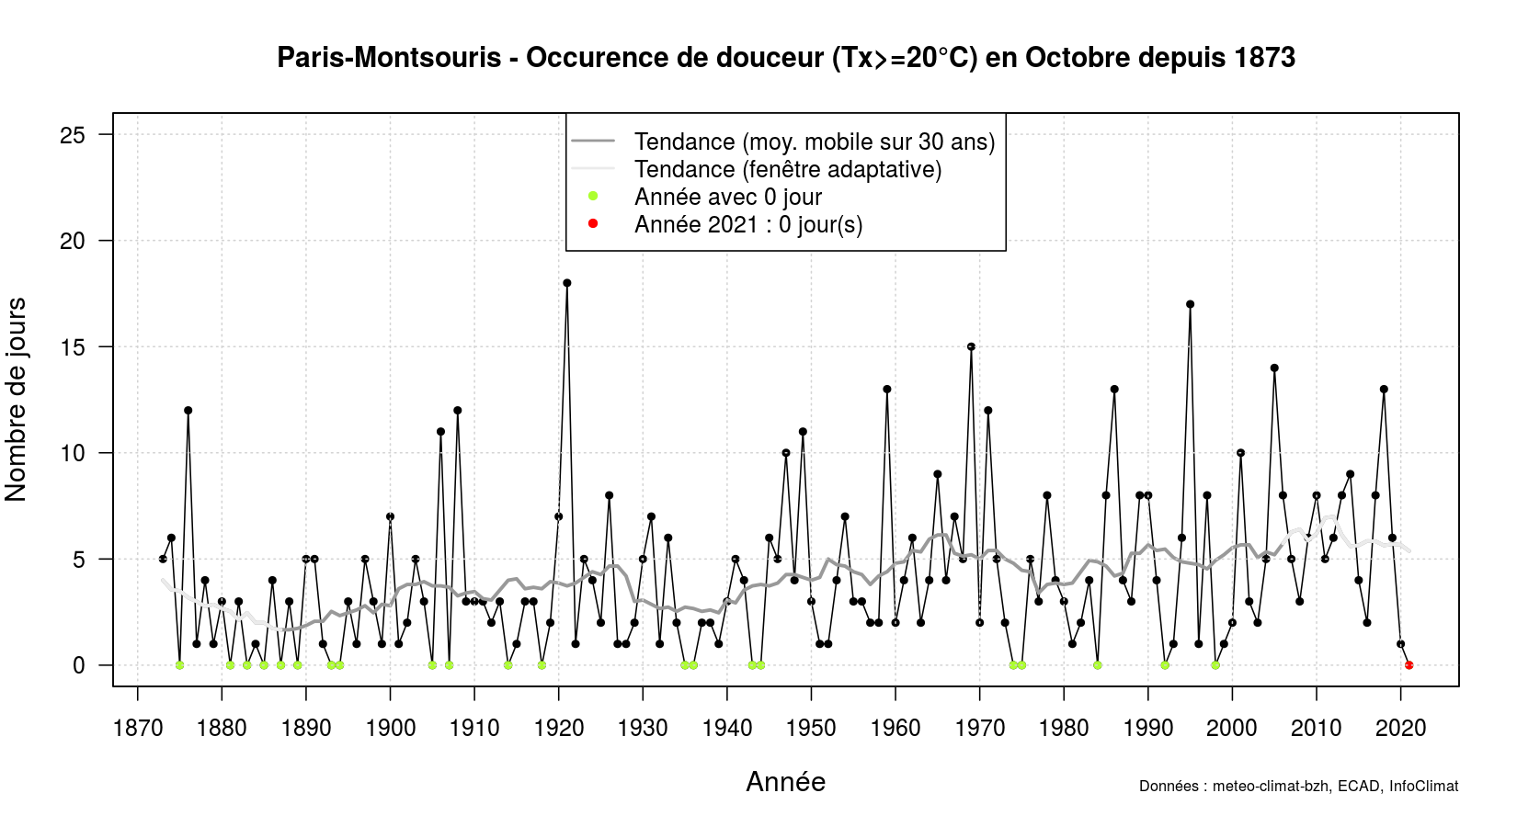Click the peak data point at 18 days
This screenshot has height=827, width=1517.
coord(567,283)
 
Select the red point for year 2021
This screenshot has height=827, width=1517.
coord(1409,665)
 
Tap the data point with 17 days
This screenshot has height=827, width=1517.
coord(1190,304)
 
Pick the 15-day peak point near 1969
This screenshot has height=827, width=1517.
coord(971,346)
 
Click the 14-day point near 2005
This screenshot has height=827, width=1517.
coord(1274,368)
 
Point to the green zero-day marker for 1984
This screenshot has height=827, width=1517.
coord(1097,665)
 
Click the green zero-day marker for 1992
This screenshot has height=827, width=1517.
coord(1165,665)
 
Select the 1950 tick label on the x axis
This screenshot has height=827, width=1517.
coord(811,729)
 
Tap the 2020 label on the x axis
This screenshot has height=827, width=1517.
coord(1400,729)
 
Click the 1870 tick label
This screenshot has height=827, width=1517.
coord(138,729)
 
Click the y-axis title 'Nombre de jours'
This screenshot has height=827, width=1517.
coord(17,399)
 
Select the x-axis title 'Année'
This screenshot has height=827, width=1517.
coord(785,782)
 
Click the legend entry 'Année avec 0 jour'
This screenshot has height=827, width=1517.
coord(727,197)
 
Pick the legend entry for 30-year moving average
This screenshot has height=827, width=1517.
coord(814,142)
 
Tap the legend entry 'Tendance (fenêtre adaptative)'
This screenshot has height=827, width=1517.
coord(787,169)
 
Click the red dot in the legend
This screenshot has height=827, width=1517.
coord(593,223)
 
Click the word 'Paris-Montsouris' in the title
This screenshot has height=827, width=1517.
coord(389,58)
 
